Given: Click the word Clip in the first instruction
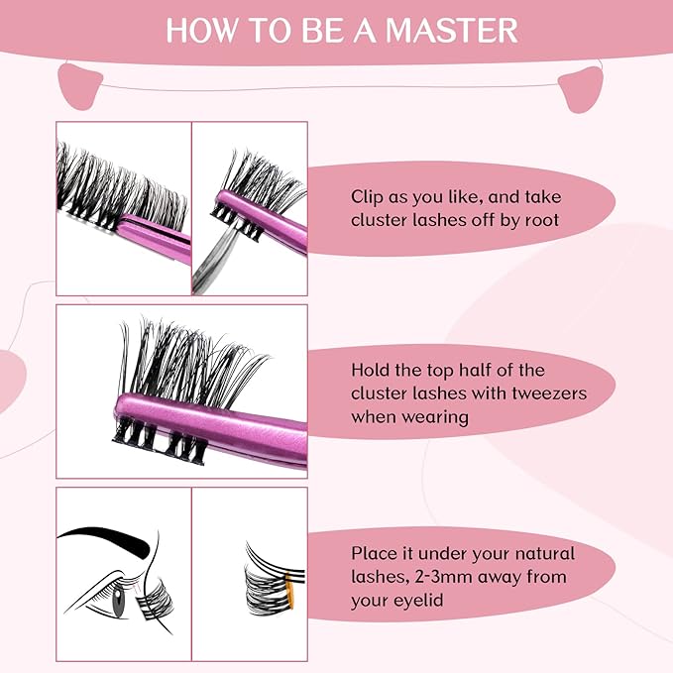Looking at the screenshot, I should click(x=368, y=197).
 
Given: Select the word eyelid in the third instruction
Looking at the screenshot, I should click(x=420, y=601).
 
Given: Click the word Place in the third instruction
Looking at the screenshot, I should click(x=374, y=553).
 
